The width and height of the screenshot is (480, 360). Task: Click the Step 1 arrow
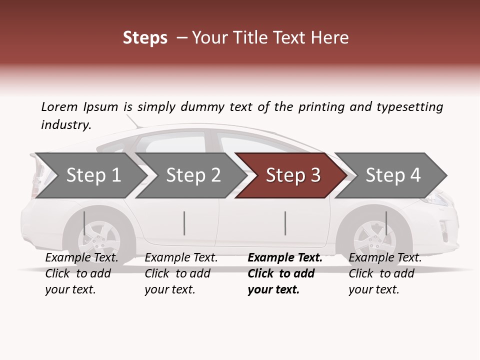pos(93,175)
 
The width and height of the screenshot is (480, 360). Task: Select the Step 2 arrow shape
pos(193,175)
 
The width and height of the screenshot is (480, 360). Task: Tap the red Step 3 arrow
pos(293,175)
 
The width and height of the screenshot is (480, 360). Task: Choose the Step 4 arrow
pos(393,175)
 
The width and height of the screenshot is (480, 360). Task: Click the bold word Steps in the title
pos(145,38)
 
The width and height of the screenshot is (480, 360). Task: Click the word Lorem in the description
pos(59,107)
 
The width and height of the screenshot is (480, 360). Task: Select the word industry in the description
pos(66,125)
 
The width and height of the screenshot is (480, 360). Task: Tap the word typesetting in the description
pos(410,107)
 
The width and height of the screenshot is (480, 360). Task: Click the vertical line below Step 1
pos(84,223)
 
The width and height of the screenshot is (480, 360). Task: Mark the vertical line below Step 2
pos(184,223)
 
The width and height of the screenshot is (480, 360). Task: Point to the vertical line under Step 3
pos(285,223)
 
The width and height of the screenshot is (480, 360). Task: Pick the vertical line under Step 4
pos(386,223)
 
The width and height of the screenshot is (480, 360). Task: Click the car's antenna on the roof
pos(133,121)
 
